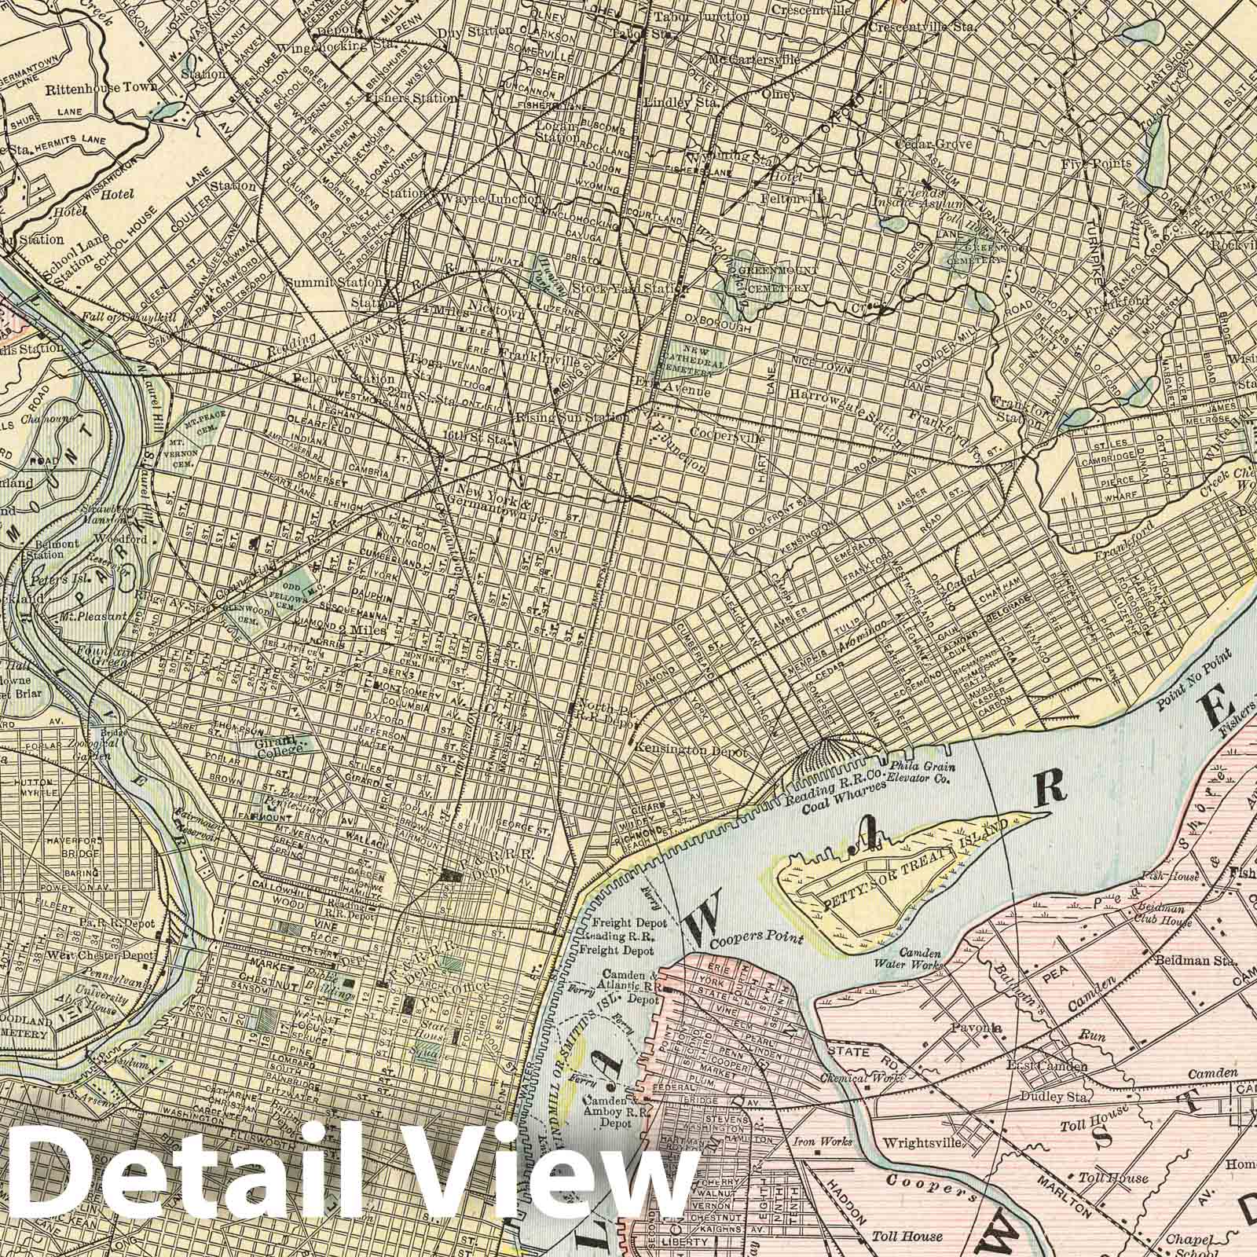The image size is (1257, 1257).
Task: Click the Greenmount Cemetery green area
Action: (x=766, y=279)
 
